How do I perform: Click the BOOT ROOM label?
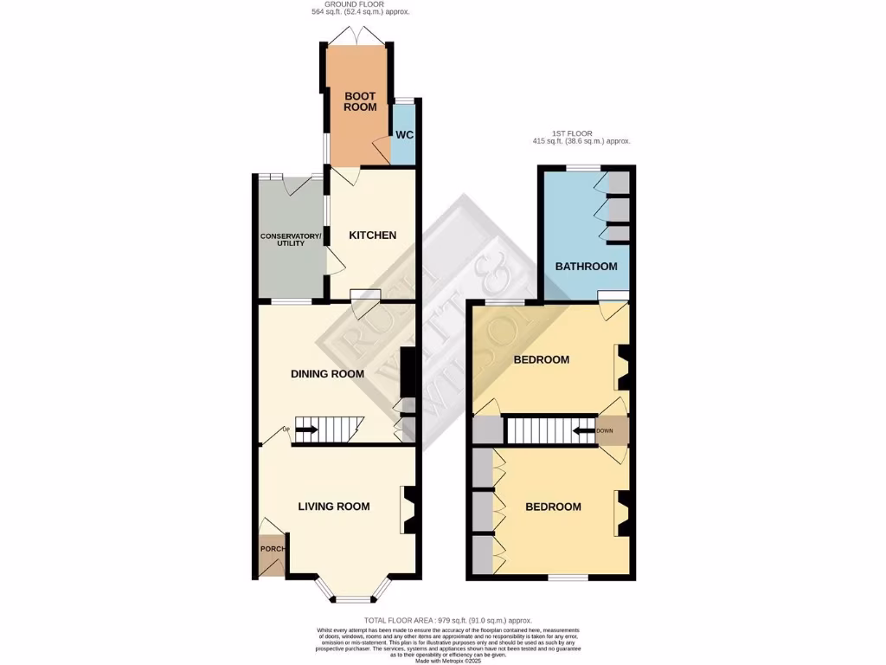360,101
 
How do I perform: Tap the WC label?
404,135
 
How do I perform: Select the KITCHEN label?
372,236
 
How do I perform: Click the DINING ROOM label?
326,374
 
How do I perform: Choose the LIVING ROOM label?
334,507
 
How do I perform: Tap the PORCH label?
272,549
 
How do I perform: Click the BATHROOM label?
586,267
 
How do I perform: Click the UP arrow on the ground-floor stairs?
307,429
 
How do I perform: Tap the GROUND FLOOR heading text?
360,5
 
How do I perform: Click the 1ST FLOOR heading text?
581,134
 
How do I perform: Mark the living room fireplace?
410,509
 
